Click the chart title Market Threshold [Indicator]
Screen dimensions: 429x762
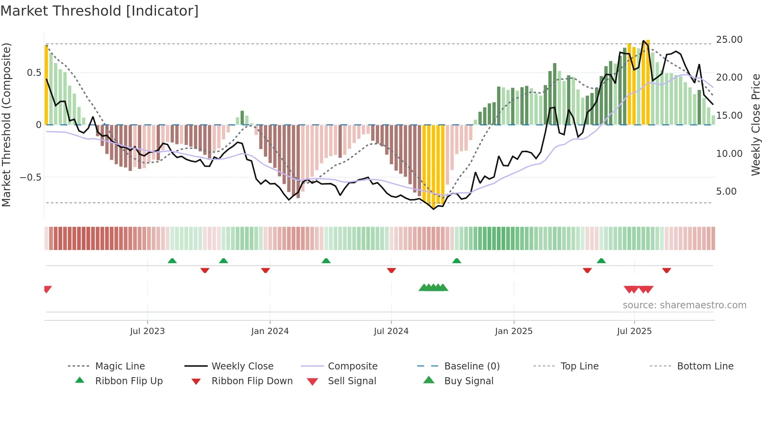coord(100,11)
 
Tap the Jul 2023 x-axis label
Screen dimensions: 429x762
coord(147,331)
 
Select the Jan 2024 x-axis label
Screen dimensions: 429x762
coord(270,331)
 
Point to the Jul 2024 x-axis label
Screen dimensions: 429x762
coord(391,331)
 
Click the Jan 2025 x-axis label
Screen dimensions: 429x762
coord(514,331)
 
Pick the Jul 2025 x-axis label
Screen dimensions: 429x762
coord(634,331)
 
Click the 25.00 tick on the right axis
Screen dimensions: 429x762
coord(729,40)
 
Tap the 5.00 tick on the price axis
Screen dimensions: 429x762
coord(726,192)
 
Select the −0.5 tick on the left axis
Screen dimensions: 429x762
coord(30,178)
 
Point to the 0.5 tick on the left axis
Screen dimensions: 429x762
coord(34,73)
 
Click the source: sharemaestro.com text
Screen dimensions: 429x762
coord(684,305)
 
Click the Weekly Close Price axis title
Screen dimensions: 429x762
coord(755,125)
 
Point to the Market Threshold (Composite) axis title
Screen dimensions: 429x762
coord(6,125)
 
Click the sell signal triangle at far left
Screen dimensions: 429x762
coord(47,289)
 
